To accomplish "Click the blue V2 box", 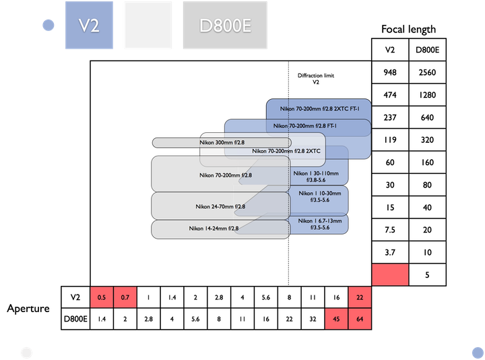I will click(89, 26).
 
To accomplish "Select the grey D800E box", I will click(225, 26).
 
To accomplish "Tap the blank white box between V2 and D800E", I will click(147, 26).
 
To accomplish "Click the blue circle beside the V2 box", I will click(48, 26).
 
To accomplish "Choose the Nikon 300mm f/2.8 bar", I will click(222, 142).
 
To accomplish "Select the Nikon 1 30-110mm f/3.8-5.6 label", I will click(319, 177).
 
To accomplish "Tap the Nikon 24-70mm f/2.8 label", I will click(220, 206).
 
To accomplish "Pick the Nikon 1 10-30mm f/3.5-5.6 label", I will click(319, 197).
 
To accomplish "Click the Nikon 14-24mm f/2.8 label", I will click(214, 229).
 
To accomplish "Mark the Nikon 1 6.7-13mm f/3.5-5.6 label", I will click(319, 224).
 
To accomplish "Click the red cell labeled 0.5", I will click(102, 297).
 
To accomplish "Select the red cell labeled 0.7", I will click(125, 297).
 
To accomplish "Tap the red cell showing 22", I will click(360, 297).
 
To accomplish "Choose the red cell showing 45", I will click(336, 319).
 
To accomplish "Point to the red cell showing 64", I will click(360, 319).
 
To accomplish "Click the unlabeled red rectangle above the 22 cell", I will click(389, 274).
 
